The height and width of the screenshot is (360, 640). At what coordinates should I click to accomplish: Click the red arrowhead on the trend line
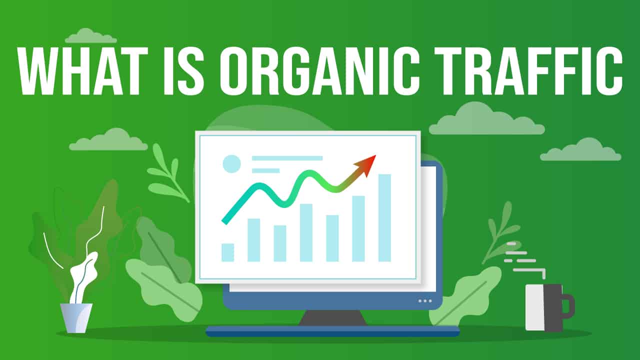click(x=367, y=164)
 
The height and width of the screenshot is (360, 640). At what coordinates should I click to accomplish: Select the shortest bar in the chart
click(x=228, y=252)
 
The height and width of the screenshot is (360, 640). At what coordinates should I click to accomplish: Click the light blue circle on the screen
click(x=231, y=163)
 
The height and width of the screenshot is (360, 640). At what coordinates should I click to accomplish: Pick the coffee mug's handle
click(x=568, y=306)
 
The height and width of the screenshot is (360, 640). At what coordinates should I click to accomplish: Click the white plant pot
click(x=76, y=317)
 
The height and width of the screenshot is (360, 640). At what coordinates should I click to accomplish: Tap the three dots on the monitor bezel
click(x=425, y=300)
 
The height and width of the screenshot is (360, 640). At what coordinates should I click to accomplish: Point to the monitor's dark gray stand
click(x=332, y=318)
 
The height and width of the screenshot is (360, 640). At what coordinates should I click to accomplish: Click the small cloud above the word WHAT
click(x=91, y=36)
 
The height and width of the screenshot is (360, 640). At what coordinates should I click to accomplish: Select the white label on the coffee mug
click(x=534, y=307)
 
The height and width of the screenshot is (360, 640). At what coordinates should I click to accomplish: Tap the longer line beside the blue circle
click(x=287, y=158)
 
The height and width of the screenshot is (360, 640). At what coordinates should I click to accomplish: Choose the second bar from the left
click(x=254, y=240)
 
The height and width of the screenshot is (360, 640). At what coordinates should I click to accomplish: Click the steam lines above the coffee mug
click(x=522, y=260)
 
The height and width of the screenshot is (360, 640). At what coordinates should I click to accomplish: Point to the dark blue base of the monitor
click(x=332, y=331)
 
